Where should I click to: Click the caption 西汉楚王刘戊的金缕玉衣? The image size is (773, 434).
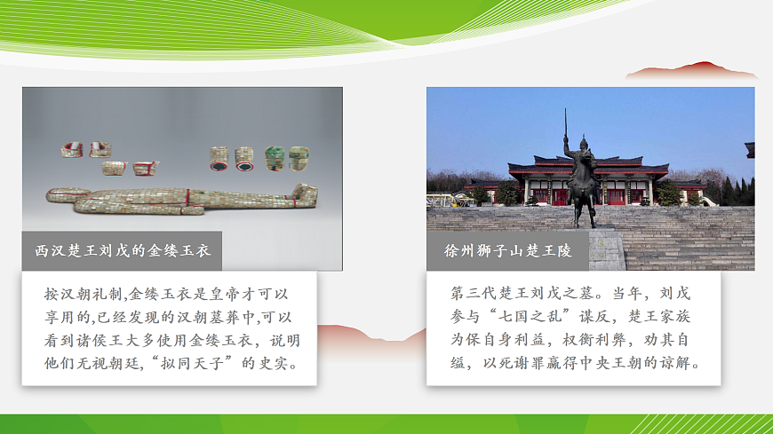point(122,251)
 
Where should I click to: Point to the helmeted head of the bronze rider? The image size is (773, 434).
point(583,142)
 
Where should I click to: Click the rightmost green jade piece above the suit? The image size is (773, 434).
point(299,157)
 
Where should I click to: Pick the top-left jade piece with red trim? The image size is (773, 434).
point(71,150)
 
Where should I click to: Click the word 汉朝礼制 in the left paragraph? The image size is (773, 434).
point(92,293)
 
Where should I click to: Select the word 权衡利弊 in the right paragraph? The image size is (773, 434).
point(585,340)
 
